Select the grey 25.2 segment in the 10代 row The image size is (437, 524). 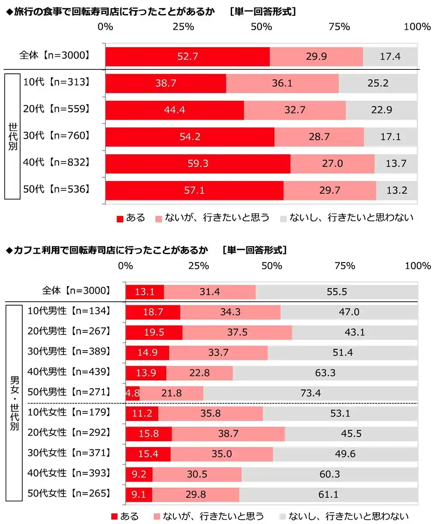coord(378,83)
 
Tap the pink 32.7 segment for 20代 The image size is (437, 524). coord(295,110)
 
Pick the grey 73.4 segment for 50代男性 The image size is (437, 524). coord(310,393)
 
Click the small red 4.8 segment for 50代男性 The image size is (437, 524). coord(132,393)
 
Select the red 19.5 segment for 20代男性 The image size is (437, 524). coord(154,332)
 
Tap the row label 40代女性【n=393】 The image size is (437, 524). coord(68,473)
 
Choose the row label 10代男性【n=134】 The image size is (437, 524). coord(68,311)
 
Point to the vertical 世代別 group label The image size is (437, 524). coord(13,136)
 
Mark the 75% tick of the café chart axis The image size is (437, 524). coord(344,266)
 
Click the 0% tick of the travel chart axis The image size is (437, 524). coord(106,27)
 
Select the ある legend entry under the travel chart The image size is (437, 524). coord(131,217)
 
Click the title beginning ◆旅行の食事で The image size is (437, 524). coord(109,12)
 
